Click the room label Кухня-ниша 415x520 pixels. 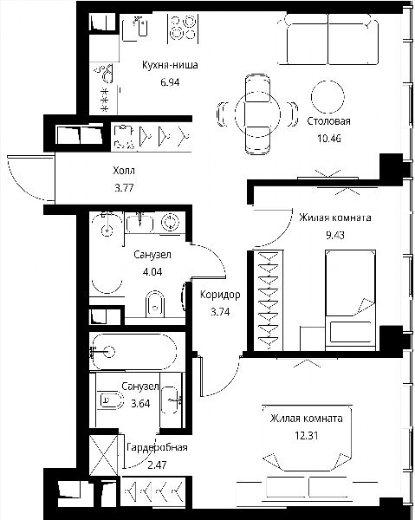170,65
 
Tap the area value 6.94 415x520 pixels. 170,82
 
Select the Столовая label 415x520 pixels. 329,121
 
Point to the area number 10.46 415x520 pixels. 329,139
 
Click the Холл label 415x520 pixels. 124,171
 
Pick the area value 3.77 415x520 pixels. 124,188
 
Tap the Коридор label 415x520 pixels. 220,295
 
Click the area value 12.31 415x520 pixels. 307,435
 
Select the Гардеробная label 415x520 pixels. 157,447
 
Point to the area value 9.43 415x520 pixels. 335,235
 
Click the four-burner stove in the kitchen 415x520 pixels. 183,29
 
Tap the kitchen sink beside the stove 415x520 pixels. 135,29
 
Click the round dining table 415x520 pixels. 257,114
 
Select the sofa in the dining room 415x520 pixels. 328,39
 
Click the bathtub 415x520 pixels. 134,352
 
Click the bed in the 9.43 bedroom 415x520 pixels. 351,300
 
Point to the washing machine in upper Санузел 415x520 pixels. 171,222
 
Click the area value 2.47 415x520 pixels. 157,465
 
